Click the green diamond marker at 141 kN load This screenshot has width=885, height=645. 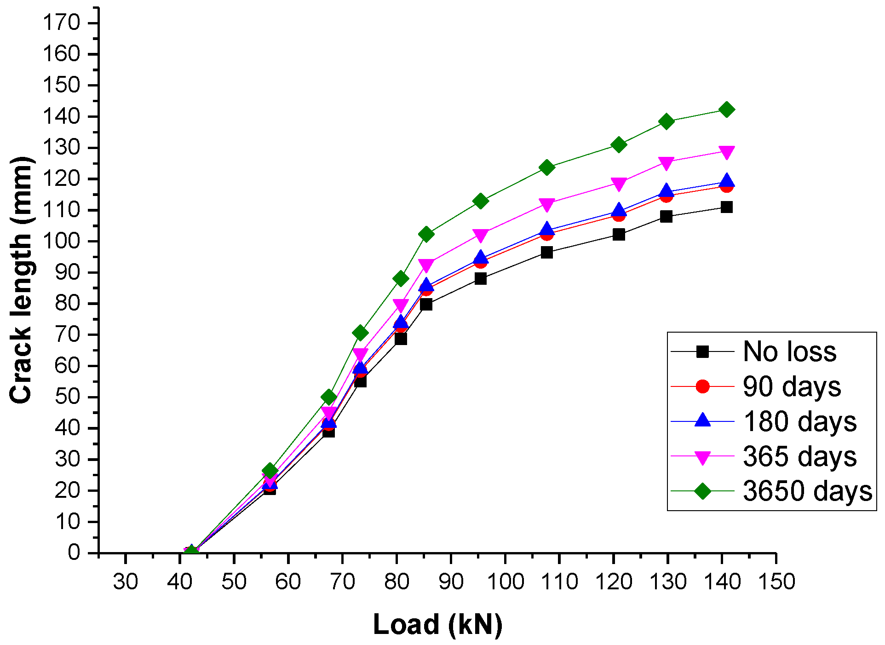pos(726,109)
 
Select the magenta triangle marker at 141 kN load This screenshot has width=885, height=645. pos(726,152)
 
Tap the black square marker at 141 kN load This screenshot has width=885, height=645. pos(726,207)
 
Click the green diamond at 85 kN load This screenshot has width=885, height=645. pos(426,234)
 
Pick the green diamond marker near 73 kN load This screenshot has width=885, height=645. pos(361,333)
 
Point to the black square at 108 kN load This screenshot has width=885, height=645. pos(546,252)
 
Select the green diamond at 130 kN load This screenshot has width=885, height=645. pos(666,121)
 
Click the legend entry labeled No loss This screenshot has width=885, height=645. pos(789,352)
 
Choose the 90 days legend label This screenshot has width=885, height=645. pos(792,386)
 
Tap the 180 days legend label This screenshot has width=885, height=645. pos(799,421)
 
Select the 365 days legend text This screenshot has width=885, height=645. pos(799,456)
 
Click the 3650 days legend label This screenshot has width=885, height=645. pos(807,491)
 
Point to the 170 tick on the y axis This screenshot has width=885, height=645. pos(61,23)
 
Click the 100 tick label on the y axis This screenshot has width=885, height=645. pos(61,241)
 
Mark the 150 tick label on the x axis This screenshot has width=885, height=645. pos(776,582)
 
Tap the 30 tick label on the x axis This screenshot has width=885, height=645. pos(125,582)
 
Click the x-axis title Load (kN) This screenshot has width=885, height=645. pos(437,625)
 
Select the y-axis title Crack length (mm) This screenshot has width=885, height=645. pos(21,281)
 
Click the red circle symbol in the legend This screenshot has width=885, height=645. pos(702,386)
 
